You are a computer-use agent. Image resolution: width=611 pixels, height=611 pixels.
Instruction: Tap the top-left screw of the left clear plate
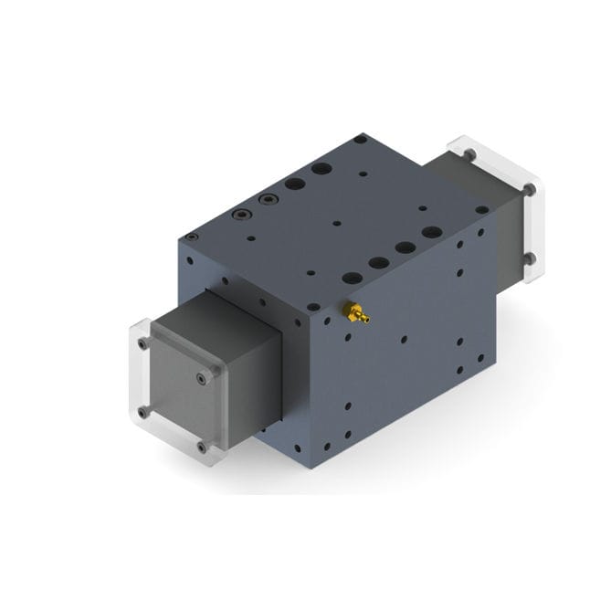tap(142, 345)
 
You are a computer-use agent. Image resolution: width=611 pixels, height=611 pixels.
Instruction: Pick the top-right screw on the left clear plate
tap(212, 372)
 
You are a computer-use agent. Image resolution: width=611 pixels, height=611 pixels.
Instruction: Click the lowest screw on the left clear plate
tap(201, 447)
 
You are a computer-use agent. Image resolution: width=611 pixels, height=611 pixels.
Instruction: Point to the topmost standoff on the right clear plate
tap(469, 157)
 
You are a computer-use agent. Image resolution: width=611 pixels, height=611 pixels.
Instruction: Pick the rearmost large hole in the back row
tap(321, 169)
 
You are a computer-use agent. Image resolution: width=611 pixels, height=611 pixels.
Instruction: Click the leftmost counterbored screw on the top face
tap(242, 215)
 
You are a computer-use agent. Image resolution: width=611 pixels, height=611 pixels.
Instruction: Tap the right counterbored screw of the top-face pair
tap(268, 200)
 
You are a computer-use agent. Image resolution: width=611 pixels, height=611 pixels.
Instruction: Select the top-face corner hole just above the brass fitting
tap(313, 308)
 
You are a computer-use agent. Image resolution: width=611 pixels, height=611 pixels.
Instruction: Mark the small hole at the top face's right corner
tap(481, 209)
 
